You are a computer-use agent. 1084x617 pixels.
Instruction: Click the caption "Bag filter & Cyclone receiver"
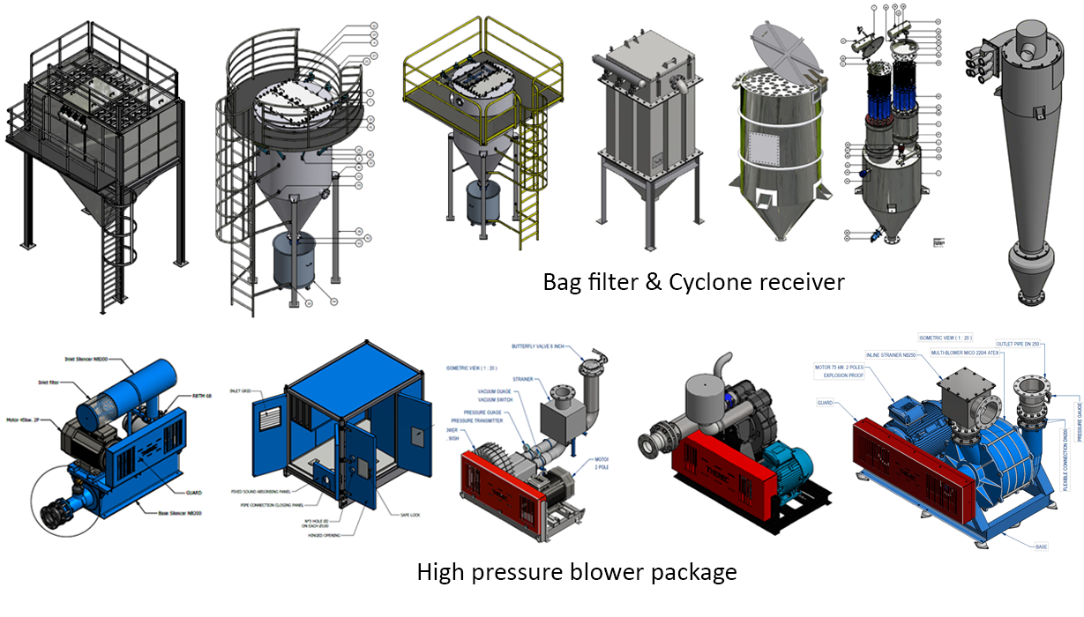pos(693,282)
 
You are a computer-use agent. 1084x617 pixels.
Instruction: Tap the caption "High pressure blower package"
pos(576,572)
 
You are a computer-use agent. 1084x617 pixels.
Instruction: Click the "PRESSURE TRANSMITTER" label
pos(482,421)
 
